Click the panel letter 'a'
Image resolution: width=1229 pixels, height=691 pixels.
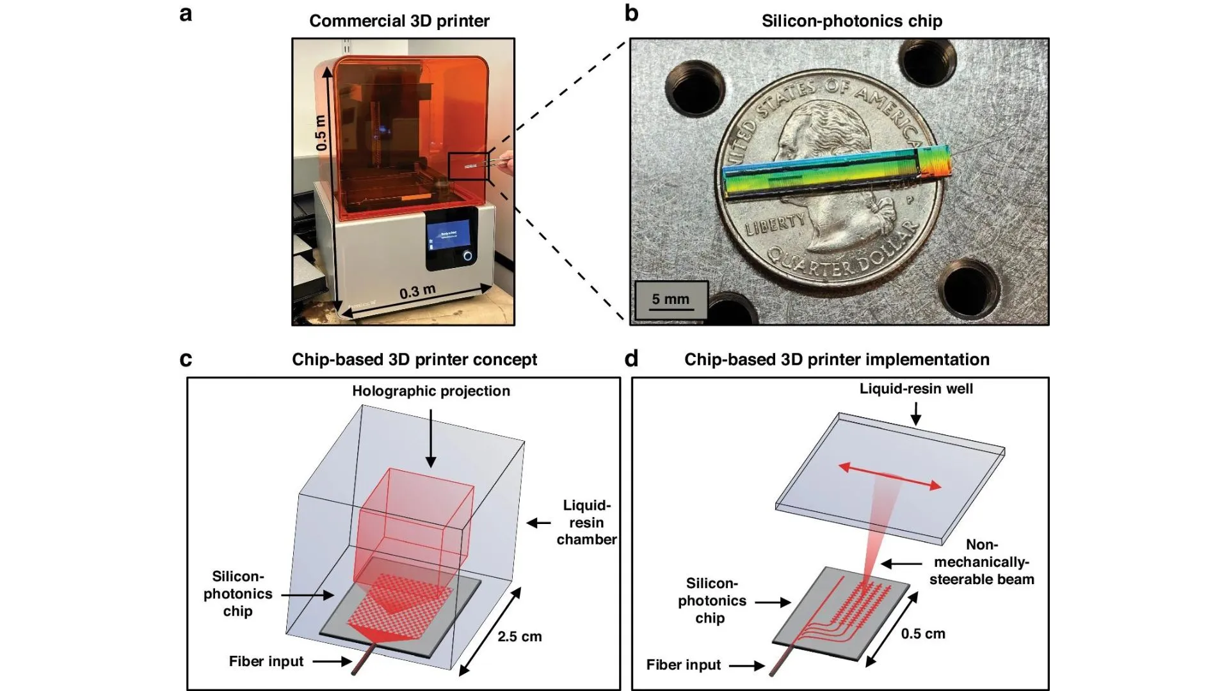[x=186, y=14]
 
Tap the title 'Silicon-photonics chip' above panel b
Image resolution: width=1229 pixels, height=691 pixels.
[x=851, y=21]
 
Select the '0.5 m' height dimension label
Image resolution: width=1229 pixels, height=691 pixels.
[x=321, y=133]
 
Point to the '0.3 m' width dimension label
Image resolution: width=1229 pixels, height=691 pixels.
[x=417, y=292]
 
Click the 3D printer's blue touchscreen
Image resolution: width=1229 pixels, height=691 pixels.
[x=449, y=236]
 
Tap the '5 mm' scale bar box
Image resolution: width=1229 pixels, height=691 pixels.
[x=671, y=299]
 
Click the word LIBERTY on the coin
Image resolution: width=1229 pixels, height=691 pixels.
[x=775, y=224]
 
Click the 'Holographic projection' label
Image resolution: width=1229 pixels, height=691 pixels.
[x=431, y=391]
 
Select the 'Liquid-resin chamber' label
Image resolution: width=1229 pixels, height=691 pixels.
[x=586, y=522]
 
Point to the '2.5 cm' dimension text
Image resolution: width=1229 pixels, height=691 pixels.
[x=519, y=637]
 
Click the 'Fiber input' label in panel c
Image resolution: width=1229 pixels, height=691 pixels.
[x=266, y=662]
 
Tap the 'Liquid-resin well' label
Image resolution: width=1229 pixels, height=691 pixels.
[x=916, y=388]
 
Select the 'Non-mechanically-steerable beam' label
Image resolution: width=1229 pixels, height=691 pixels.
[x=981, y=562]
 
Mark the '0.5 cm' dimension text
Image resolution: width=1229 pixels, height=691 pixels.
[x=923, y=633]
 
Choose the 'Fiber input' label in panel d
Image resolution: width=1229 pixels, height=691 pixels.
[x=683, y=665]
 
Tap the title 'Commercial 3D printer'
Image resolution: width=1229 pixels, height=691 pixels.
[x=399, y=21]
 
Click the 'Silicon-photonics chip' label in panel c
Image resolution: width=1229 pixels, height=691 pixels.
[x=237, y=594]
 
